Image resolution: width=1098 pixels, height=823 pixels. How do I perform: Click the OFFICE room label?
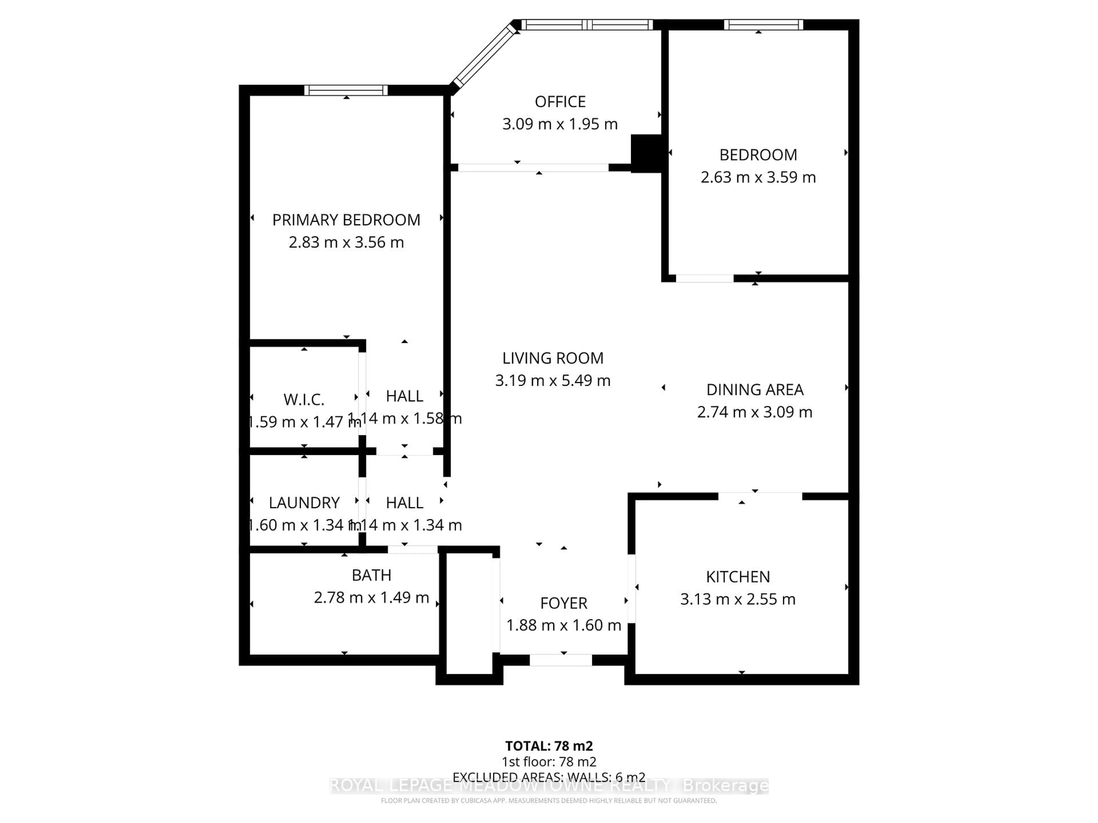point(560,102)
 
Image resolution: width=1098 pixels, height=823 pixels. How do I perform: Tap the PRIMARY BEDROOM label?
point(346,220)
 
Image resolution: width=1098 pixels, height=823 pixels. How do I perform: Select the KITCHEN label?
point(738,576)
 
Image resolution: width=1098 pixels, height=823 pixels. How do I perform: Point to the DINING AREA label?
point(755,389)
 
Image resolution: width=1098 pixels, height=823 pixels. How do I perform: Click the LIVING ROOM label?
point(552,358)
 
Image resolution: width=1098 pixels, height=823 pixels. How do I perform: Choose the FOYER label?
point(563,603)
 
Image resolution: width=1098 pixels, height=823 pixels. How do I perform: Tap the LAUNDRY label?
point(304,503)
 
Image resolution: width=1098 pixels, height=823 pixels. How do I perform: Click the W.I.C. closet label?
point(304,399)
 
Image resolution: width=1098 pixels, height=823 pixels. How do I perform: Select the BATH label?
point(371,575)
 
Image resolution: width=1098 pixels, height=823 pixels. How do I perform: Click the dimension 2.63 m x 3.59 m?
point(758,177)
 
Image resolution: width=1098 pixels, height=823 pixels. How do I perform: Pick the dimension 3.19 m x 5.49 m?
point(552,381)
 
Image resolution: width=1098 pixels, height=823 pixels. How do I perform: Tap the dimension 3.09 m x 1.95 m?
point(560,124)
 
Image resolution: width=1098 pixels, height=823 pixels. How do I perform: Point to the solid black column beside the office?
point(646,153)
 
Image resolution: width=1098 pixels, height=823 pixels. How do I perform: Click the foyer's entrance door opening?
point(561,660)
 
